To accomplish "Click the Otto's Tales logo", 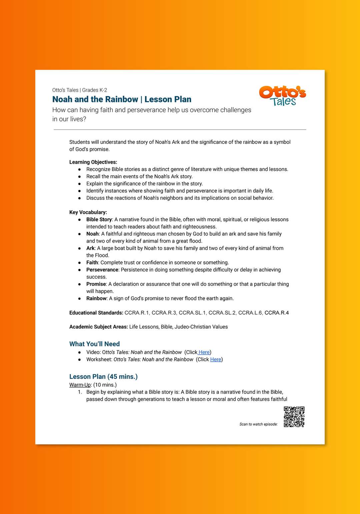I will pyautogui.click(x=282, y=96).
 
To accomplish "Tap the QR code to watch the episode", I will pyautogui.click(x=294, y=417).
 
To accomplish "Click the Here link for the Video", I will pyautogui.click(x=204, y=352).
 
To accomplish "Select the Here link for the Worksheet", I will pyautogui.click(x=216, y=359).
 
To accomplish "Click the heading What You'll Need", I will pyautogui.click(x=94, y=344).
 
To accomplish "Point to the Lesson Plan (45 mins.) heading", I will pyautogui.click(x=103, y=377).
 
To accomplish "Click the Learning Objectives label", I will pyautogui.click(x=93, y=162).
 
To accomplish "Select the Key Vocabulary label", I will pyautogui.click(x=88, y=212).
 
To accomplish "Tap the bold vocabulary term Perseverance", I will pyautogui.click(x=102, y=270).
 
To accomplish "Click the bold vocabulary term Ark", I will pyautogui.click(x=90, y=248).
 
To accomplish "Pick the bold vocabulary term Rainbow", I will pyautogui.click(x=96, y=298).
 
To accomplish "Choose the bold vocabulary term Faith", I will pyautogui.click(x=92, y=263).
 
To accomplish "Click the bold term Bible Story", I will pyautogui.click(x=99, y=220).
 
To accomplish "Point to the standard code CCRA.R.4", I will pyautogui.click(x=277, y=313).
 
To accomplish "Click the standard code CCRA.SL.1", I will pyautogui.click(x=193, y=313).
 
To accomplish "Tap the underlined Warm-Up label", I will pyautogui.click(x=80, y=385).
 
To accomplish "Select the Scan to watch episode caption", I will pyautogui.click(x=258, y=424).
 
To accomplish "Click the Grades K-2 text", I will pyautogui.click(x=95, y=90).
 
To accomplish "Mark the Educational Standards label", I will pyautogui.click(x=96, y=313).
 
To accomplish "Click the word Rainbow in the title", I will pyautogui.click(x=121, y=99).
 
